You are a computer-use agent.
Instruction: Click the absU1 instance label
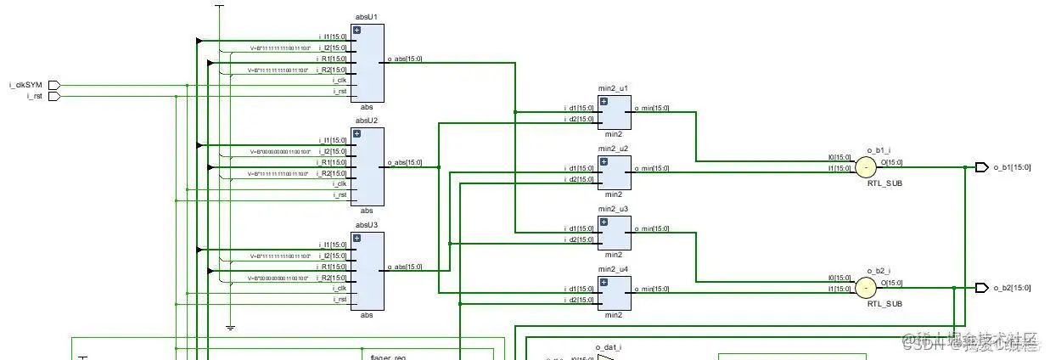pyautogui.click(x=367, y=17)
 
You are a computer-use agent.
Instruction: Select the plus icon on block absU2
pyautogui.click(x=357, y=134)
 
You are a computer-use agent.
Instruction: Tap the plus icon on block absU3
pyautogui.click(x=357, y=239)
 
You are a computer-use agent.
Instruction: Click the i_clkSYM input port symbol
pyautogui.click(x=53, y=85)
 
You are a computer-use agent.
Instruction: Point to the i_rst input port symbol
pyautogui.click(x=53, y=96)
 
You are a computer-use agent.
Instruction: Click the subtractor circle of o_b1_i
pyautogui.click(x=865, y=167)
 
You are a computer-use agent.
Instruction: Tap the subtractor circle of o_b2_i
pyautogui.click(x=865, y=288)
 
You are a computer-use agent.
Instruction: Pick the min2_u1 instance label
pyautogui.click(x=614, y=88)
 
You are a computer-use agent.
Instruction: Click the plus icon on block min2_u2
pyautogui.click(x=604, y=161)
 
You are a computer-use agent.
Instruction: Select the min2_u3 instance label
pyautogui.click(x=614, y=209)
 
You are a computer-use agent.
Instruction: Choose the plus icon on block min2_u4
pyautogui.click(x=604, y=282)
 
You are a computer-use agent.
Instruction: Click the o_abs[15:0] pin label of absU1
pyautogui.click(x=404, y=59)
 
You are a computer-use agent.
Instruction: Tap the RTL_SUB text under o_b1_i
pyautogui.click(x=883, y=183)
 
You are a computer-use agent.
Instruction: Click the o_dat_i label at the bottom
pyautogui.click(x=609, y=347)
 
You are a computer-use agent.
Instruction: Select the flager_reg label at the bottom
pyautogui.click(x=387, y=356)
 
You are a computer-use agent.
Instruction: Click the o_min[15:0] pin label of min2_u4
pyautogui.click(x=652, y=289)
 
